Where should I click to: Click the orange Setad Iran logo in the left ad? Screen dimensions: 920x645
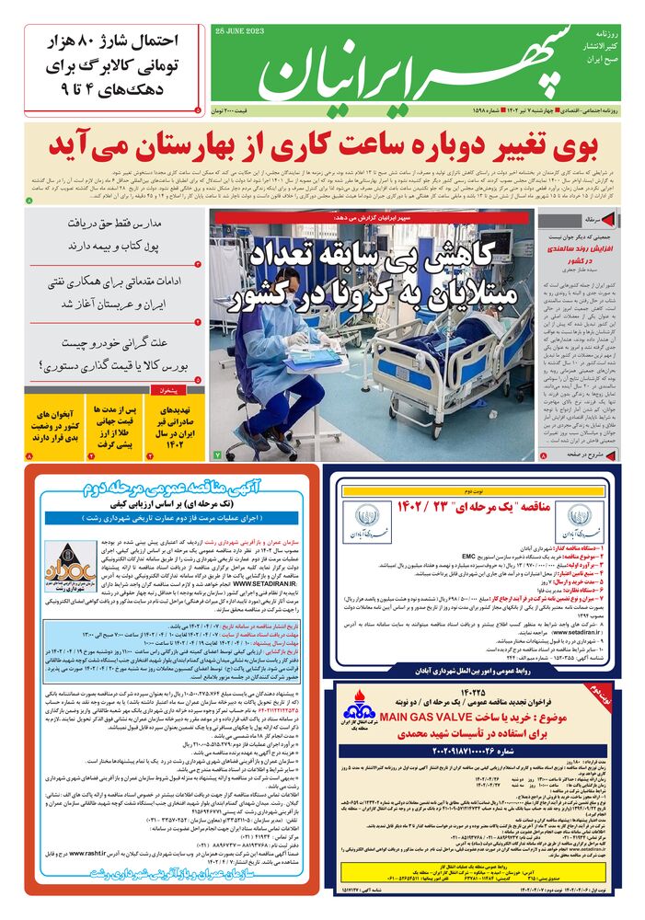click(x=70, y=560)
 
